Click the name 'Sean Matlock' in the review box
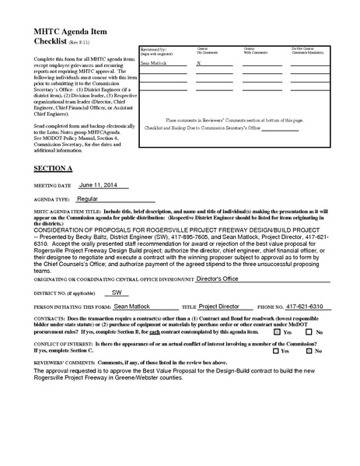point(153,63)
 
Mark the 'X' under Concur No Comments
point(198,63)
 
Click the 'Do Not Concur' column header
point(306,49)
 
